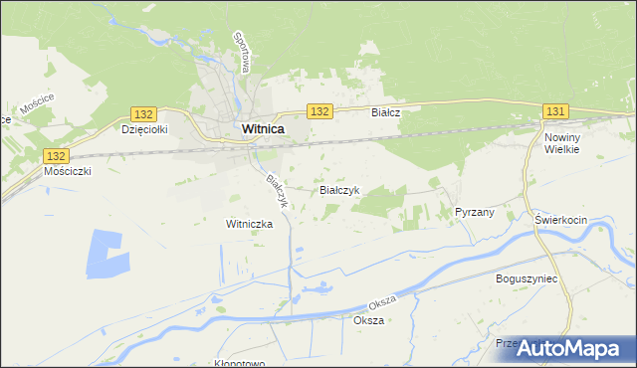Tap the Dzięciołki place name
(143, 129)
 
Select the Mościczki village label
(69, 171)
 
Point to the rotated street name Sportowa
(241, 50)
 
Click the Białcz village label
(386, 113)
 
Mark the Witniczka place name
(249, 225)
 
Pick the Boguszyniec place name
(527, 279)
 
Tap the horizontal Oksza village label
(368, 321)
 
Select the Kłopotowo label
(239, 363)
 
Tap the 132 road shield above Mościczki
(57, 156)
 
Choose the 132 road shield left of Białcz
(318, 111)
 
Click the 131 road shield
(555, 111)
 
